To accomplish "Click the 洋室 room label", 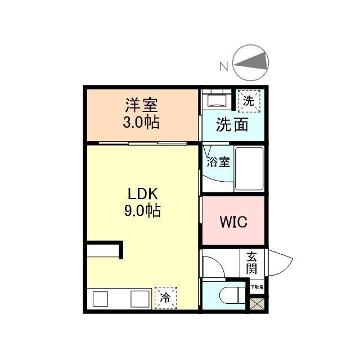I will click(x=141, y=105).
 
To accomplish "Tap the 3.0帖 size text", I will click(x=141, y=123).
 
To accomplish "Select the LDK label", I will click(x=143, y=194).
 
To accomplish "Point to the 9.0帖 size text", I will click(x=143, y=211).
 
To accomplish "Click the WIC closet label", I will click(x=233, y=222).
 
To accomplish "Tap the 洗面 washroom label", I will click(x=232, y=125).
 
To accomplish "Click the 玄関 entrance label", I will click(x=251, y=262).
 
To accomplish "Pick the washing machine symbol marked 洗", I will click(x=248, y=101).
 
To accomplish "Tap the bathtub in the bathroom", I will click(x=249, y=169).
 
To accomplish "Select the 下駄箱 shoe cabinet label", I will click(x=256, y=287).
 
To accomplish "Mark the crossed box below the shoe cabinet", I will click(x=256, y=304).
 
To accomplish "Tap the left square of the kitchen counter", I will click(x=101, y=299).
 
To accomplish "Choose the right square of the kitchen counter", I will click(x=139, y=299).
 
